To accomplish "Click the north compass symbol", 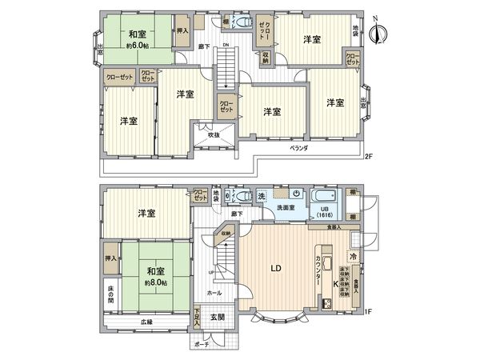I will click(378, 31).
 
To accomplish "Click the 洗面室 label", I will click(285, 207).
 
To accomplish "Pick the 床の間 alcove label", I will click(110, 294).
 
